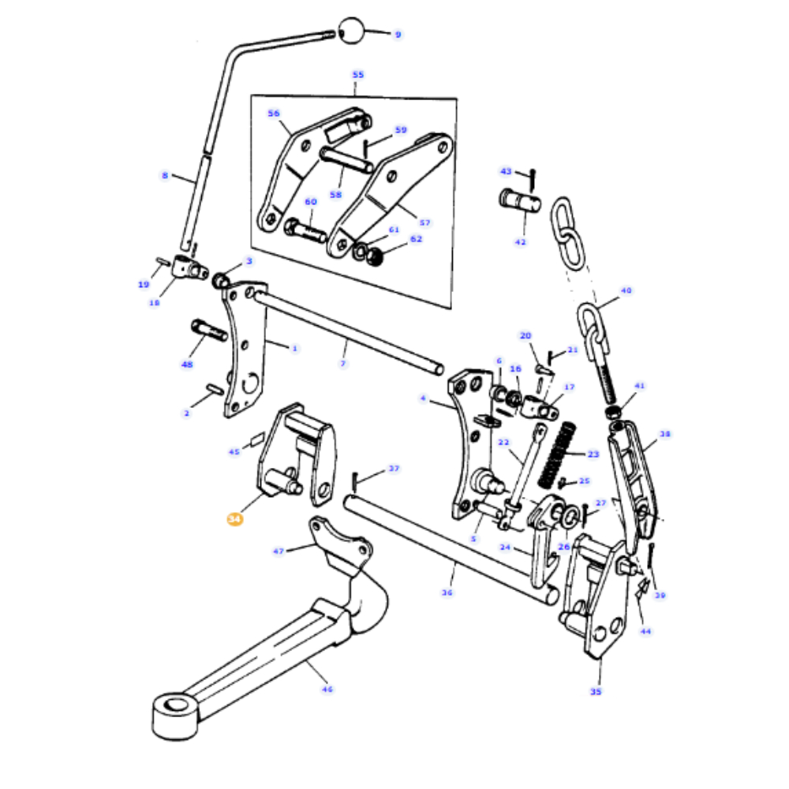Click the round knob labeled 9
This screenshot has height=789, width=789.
click(x=352, y=32)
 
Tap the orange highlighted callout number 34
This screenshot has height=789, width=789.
click(x=234, y=519)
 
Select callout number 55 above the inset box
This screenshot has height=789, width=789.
click(x=358, y=75)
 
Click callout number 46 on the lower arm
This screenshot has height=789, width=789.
click(x=327, y=689)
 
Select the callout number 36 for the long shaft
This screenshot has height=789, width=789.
click(x=447, y=593)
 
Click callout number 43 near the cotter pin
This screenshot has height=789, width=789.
click(x=506, y=170)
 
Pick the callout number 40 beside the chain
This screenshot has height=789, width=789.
click(x=626, y=290)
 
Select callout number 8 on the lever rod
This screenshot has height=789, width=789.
click(x=165, y=175)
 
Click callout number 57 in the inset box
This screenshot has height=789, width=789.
click(x=424, y=222)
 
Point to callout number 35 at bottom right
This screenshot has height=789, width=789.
click(x=595, y=691)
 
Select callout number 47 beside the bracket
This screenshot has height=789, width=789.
click(x=279, y=551)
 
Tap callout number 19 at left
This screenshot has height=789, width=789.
click(x=144, y=284)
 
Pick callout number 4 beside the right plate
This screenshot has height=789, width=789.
click(x=423, y=398)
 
